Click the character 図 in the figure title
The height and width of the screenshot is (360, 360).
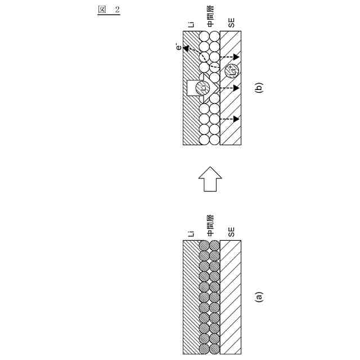click(101, 10)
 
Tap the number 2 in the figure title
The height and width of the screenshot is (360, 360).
click(118, 10)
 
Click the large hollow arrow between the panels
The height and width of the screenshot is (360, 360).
click(210, 181)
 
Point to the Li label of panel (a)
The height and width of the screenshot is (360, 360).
click(191, 231)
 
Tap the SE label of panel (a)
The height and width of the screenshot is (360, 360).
click(231, 231)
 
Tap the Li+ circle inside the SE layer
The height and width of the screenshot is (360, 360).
click(231, 71)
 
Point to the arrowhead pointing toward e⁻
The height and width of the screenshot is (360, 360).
click(186, 49)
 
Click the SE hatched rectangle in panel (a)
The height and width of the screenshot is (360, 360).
click(231, 296)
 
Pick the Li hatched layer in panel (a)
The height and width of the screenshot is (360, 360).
click(191, 296)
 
